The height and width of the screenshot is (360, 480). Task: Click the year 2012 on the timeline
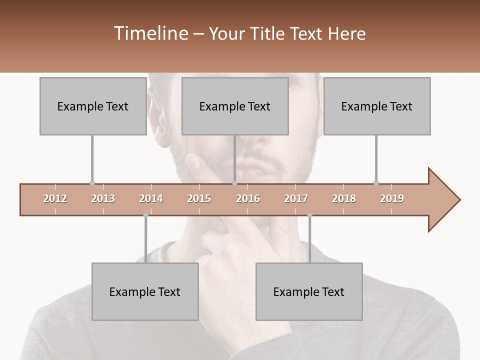55,198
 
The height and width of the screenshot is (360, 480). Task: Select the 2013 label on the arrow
103,198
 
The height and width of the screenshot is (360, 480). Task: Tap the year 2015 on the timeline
199,198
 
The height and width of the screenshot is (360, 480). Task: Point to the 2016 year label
248,198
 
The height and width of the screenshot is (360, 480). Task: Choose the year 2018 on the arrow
344,198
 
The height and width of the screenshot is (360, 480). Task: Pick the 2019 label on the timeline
392,198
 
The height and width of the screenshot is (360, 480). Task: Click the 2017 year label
296,198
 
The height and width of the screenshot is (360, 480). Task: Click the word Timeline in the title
151,33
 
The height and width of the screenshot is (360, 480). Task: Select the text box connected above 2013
93,106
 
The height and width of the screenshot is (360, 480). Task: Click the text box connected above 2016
235,106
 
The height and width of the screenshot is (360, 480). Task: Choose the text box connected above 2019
377,106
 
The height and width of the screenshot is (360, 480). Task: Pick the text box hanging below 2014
145,291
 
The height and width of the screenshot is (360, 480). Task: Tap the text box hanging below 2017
309,291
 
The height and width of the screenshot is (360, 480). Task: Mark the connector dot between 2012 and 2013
92,183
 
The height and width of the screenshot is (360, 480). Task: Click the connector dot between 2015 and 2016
234,183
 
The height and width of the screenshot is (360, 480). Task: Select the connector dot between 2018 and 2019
376,183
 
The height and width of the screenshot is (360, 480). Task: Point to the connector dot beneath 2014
145,215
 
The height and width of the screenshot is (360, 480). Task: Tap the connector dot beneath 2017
309,215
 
